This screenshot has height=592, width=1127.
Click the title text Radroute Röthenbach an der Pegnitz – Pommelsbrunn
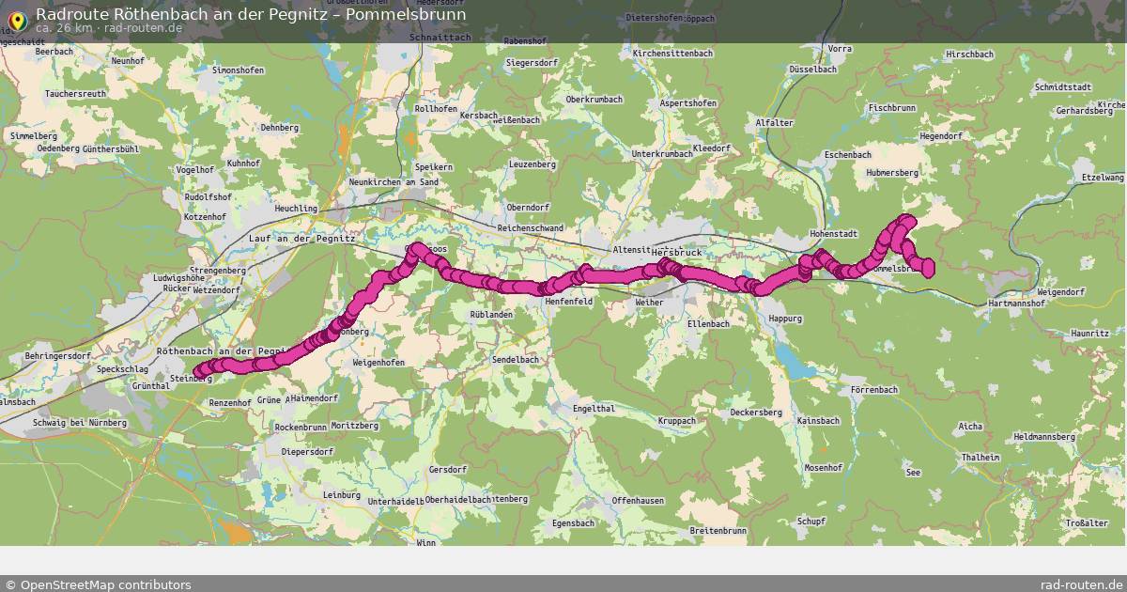pos(251,14)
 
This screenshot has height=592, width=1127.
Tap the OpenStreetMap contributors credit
pos(98,584)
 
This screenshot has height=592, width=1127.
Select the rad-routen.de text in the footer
pos(1081,584)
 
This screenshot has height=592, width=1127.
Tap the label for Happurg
pos(785,319)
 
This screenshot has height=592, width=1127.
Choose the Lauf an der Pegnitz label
pos(302,239)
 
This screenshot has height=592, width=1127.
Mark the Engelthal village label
pos(594,408)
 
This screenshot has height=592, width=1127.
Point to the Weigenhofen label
pos(378,362)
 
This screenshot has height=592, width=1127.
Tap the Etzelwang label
pos(1103,177)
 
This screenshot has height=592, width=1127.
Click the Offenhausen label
pos(638,501)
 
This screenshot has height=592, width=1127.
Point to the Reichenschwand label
pos(531,228)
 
